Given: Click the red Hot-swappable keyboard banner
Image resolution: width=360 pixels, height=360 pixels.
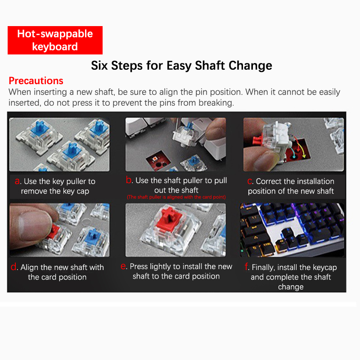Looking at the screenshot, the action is pos(55,40).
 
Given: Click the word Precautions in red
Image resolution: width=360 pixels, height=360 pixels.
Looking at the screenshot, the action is pos(36,81).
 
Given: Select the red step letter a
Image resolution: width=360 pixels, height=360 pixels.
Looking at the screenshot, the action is pos(17,181).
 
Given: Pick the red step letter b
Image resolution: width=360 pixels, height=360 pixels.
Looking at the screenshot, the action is pos(129,180).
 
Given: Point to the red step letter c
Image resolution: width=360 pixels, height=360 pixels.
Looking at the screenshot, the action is pos(250,181).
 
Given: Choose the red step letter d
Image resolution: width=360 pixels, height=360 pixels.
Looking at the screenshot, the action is pos(13,266).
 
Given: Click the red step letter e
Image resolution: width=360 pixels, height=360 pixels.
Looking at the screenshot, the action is pos(123,266).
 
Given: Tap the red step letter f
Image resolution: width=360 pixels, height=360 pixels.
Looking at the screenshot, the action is pos(247,266).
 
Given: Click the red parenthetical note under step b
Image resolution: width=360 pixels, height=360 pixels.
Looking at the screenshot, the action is pos(176,197).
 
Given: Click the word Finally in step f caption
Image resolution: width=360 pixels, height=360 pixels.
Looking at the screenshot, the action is pos(263,267).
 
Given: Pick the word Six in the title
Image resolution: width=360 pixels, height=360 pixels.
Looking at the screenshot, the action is pos(99,65).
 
